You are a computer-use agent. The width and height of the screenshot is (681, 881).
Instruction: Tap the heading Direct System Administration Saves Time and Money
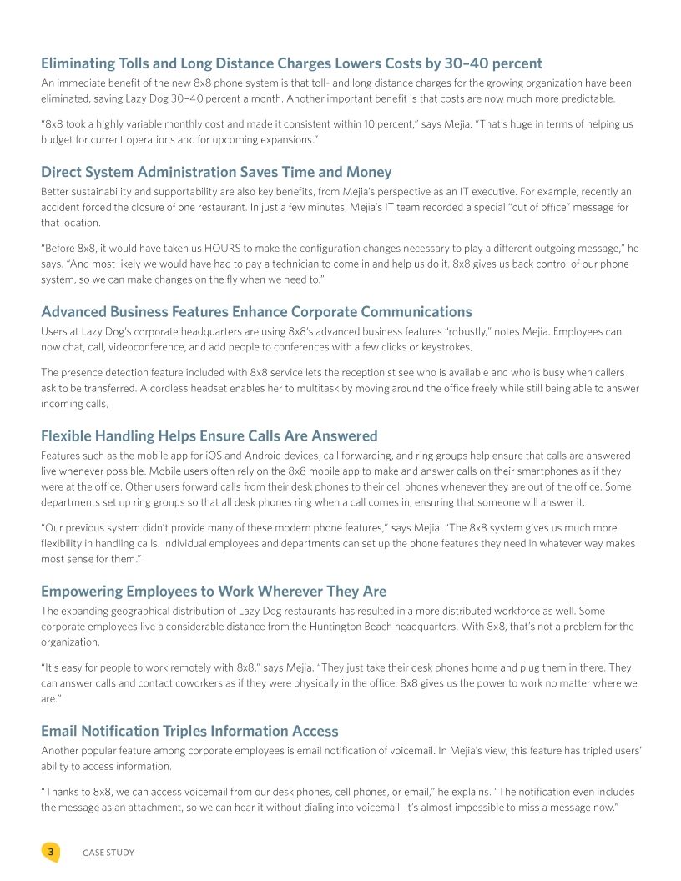(216, 172)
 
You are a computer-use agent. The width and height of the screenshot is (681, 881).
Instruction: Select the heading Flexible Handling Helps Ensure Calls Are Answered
(209, 435)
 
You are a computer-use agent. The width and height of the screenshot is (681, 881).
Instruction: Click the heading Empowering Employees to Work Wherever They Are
(214, 592)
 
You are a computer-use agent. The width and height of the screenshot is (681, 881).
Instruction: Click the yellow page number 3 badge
(50, 852)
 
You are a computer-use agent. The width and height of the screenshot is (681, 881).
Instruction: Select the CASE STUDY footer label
(108, 853)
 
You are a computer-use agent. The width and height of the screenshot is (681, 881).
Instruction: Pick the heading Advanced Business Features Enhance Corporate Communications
(256, 312)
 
